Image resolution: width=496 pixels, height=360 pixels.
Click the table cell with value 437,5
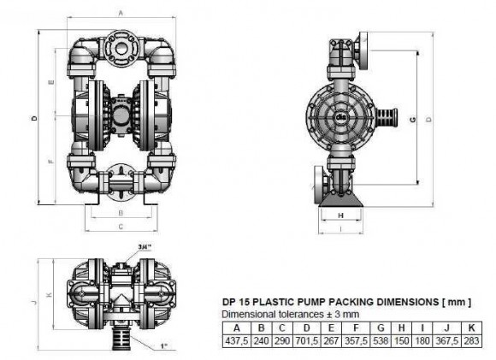click(234, 339)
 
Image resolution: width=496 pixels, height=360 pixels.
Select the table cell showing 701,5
click(302, 339)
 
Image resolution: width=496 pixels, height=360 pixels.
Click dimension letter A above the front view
click(121, 13)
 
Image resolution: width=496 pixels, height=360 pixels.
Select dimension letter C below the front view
click(121, 227)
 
